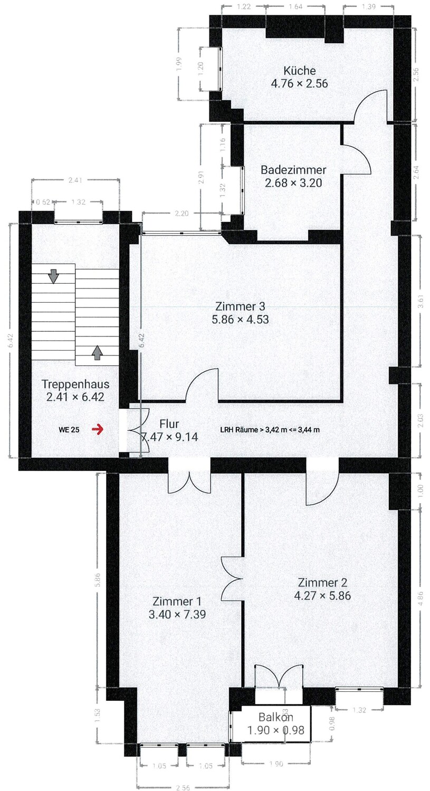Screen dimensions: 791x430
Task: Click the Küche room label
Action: coord(299,71)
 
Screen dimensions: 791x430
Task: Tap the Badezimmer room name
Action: coord(293,170)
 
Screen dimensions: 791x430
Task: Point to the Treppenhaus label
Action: coord(75,384)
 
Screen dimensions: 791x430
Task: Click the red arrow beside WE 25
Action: coord(98,429)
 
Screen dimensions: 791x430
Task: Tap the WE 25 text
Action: coord(69,430)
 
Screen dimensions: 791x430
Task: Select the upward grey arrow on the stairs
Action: coord(97,352)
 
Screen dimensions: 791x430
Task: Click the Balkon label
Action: coord(276,717)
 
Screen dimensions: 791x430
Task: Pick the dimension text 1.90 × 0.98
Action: coord(276,730)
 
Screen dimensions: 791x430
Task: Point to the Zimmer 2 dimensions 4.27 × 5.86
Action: coord(322,596)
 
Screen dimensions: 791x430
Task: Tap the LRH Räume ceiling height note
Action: coord(270,429)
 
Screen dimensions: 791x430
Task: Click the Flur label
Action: coord(169,423)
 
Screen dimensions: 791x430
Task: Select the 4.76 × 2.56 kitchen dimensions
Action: coord(299,83)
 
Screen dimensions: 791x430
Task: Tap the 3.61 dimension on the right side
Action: coord(421,302)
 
